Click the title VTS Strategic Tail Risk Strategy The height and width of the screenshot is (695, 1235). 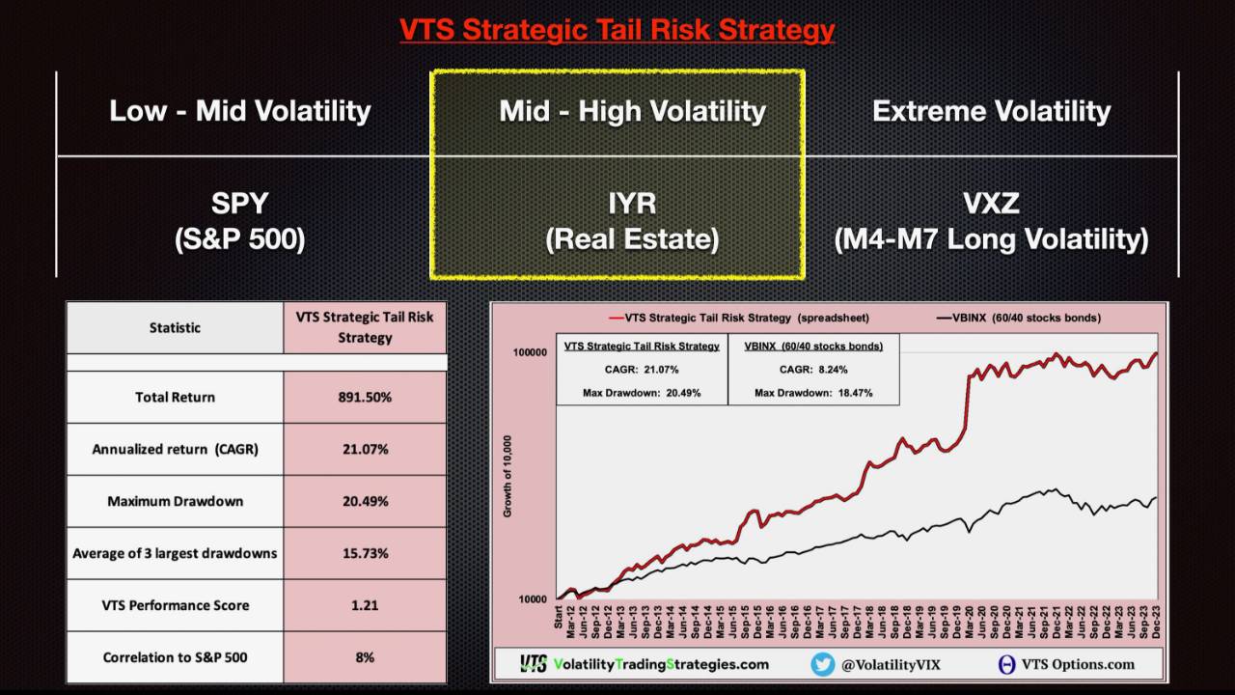click(617, 30)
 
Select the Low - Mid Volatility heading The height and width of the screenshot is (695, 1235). click(240, 111)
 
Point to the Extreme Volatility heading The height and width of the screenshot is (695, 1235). click(991, 111)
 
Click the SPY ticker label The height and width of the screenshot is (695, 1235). click(239, 204)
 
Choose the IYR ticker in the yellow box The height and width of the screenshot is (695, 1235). click(632, 204)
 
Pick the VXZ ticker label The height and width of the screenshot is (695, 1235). click(991, 204)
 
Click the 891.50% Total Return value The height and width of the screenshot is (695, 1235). click(365, 397)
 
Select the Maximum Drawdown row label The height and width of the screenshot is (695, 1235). click(175, 501)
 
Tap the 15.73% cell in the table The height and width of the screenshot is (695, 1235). click(365, 553)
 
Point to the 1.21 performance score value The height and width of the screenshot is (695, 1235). click(365, 605)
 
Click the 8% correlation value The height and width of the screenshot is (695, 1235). click(365, 657)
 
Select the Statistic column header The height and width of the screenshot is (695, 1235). click(175, 327)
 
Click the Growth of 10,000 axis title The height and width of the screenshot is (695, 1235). click(508, 476)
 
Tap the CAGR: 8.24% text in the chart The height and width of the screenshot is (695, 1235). click(812, 369)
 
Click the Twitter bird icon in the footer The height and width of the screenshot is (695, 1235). click(822, 664)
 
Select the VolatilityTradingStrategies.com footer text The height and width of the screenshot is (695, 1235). click(661, 664)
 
